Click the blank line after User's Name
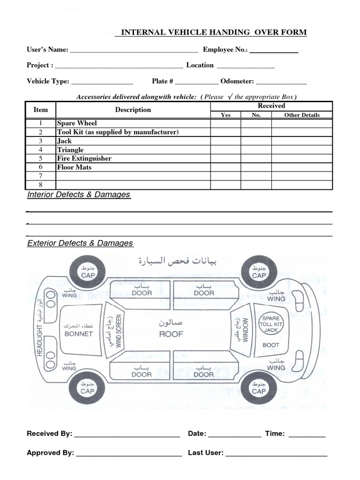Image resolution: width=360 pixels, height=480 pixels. (x=134, y=50)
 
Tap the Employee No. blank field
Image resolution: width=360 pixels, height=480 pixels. (x=274, y=50)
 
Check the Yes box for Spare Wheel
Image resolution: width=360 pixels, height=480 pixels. (x=225, y=123)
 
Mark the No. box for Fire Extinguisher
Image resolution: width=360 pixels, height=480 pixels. (x=256, y=158)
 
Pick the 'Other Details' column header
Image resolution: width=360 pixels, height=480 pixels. (x=302, y=115)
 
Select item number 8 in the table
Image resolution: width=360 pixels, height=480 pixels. (x=41, y=185)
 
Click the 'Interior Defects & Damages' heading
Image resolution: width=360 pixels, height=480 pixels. (x=79, y=195)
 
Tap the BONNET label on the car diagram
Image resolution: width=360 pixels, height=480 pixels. (x=79, y=334)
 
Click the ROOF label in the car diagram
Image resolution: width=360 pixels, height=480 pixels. (x=171, y=334)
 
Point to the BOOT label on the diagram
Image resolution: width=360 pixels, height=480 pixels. (x=271, y=345)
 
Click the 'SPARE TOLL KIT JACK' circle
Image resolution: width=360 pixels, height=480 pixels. (x=271, y=324)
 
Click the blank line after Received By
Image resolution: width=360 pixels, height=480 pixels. (x=127, y=434)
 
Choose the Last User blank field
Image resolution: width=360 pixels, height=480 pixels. (x=277, y=453)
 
